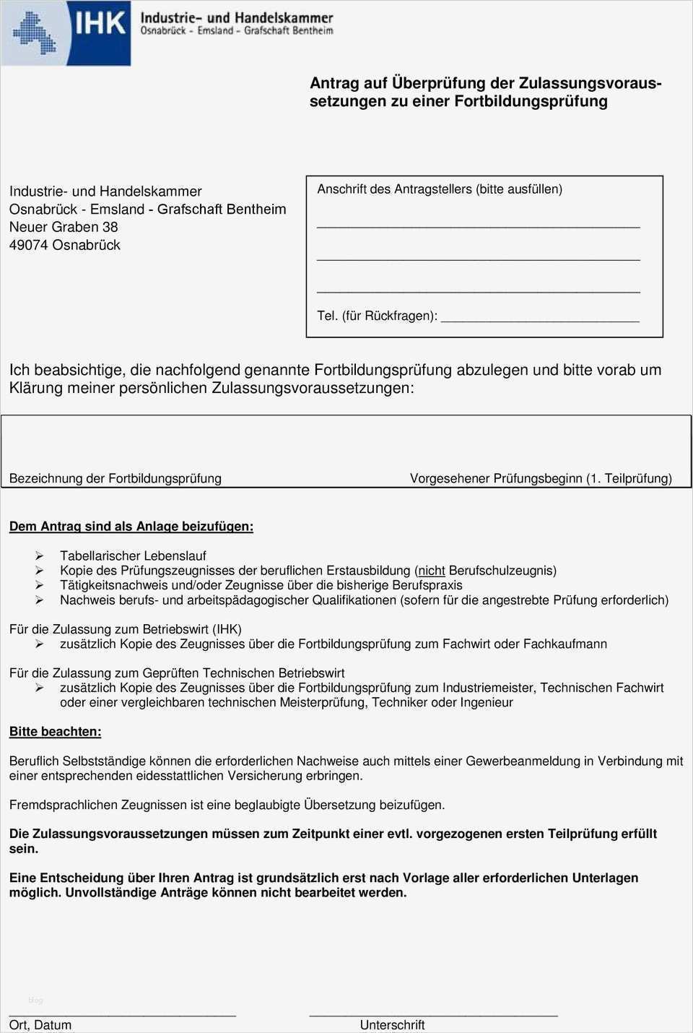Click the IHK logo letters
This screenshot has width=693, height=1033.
click(x=100, y=25)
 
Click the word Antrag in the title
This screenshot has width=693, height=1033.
click(x=334, y=83)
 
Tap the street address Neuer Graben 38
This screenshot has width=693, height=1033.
click(x=64, y=227)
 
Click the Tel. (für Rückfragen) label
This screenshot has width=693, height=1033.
click(x=377, y=316)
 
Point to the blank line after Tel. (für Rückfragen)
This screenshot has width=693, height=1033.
click(x=540, y=318)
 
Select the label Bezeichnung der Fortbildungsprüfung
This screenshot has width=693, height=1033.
click(x=115, y=478)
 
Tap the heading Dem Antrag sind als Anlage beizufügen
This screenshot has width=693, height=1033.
click(x=131, y=527)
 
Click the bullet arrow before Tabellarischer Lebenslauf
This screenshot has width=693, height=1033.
click(x=39, y=556)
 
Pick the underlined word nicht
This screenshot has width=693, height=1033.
click(x=432, y=571)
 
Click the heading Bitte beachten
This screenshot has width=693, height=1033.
click(x=55, y=732)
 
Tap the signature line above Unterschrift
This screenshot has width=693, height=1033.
click(x=433, y=1015)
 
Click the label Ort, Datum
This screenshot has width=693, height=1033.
click(x=40, y=1025)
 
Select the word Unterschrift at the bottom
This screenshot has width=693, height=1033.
click(x=392, y=1025)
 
